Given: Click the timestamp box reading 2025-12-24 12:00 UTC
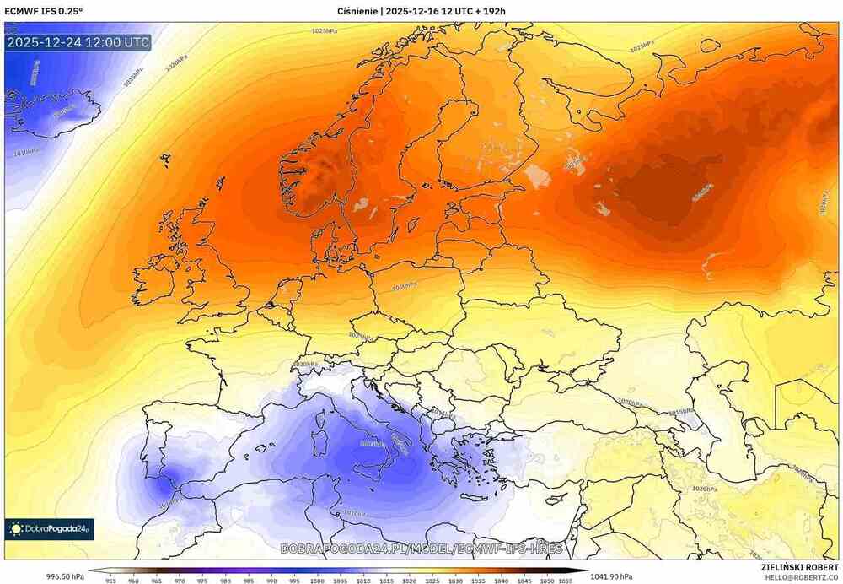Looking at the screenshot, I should click(x=78, y=42).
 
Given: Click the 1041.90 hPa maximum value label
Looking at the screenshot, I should click(x=610, y=576).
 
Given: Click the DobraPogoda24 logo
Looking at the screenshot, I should click(x=49, y=529).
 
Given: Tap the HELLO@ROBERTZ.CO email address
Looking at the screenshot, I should click(x=801, y=578).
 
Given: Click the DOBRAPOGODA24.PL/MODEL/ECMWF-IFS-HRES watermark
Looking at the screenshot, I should click(x=421, y=549).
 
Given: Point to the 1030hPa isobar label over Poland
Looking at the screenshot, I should click(x=405, y=286).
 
